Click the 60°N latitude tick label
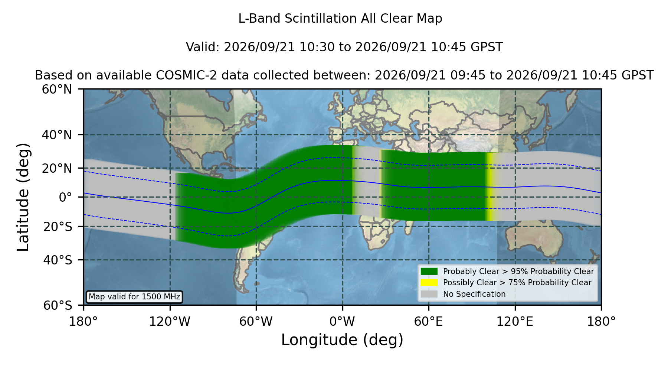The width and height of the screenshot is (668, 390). pyautogui.click(x=57, y=90)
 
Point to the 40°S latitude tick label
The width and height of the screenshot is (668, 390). pyautogui.click(x=58, y=260)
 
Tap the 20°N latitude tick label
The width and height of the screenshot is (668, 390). pyautogui.click(x=57, y=168)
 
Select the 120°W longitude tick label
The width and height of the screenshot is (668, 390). pyautogui.click(x=170, y=322)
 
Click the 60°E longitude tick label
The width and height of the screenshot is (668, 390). pyautogui.click(x=429, y=322)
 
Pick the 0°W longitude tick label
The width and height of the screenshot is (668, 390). pyautogui.click(x=342, y=322)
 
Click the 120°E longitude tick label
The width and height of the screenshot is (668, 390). pyautogui.click(x=515, y=322)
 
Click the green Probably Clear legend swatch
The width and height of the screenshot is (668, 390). pyautogui.click(x=429, y=272)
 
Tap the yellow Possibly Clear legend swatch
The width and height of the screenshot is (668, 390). pyautogui.click(x=429, y=283)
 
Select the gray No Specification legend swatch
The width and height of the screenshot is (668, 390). pyautogui.click(x=429, y=294)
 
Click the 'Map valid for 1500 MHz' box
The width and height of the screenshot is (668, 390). pyautogui.click(x=134, y=297)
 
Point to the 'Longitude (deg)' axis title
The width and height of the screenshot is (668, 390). pyautogui.click(x=342, y=340)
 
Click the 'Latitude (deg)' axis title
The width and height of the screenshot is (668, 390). pyautogui.click(x=23, y=197)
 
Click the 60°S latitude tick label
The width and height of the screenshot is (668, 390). pyautogui.click(x=58, y=305)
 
